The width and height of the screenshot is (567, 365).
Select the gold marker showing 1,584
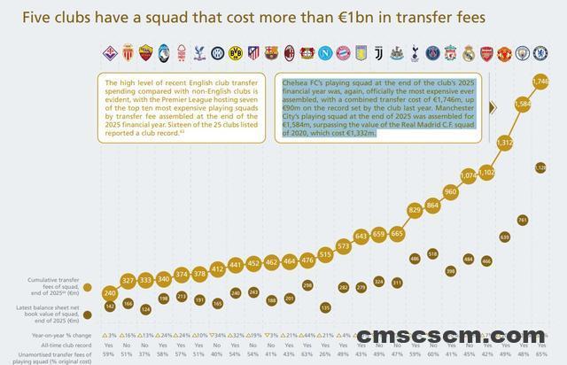[x=522, y=104]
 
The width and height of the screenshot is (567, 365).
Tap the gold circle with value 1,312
[x=505, y=142]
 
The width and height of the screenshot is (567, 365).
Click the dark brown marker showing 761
[x=523, y=220]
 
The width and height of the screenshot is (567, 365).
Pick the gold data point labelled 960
[x=450, y=191]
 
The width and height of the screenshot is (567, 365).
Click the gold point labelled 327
[x=128, y=281]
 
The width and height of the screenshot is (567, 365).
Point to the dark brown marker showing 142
[x=110, y=306]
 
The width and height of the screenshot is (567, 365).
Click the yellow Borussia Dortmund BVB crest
[x=236, y=53]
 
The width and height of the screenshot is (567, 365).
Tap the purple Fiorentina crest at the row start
[x=110, y=53]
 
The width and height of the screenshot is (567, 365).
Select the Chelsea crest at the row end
[x=540, y=53]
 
